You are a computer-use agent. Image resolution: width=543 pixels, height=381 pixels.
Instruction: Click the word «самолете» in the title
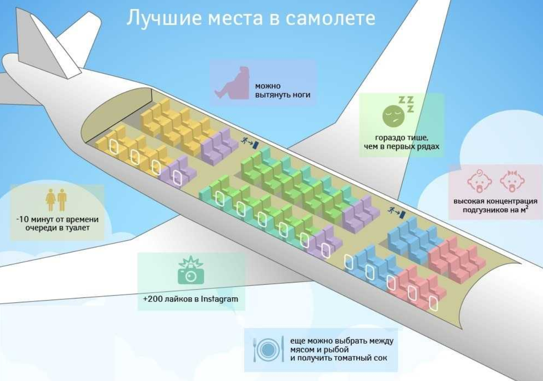[x=330, y=18]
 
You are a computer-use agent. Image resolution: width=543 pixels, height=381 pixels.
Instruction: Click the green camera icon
[x=191, y=270]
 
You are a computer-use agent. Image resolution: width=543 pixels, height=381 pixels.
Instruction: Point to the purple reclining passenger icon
[x=232, y=83]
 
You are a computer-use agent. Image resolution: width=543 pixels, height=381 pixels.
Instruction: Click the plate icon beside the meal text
[x=268, y=350]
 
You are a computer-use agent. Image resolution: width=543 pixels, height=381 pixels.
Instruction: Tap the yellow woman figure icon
[x=51, y=200]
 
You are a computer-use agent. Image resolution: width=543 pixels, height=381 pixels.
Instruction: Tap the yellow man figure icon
[x=62, y=200]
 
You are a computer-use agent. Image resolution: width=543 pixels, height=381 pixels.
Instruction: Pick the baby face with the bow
[x=512, y=181]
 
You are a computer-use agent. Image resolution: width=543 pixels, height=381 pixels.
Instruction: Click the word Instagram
[x=219, y=299]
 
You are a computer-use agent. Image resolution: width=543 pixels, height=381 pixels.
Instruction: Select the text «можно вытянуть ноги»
[x=283, y=90]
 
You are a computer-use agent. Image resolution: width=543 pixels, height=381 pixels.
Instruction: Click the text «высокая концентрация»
[x=495, y=201]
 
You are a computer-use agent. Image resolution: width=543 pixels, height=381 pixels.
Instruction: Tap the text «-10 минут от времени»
[x=57, y=219]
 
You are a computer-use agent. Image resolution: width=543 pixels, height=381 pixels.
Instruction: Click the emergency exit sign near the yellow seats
[x=250, y=143]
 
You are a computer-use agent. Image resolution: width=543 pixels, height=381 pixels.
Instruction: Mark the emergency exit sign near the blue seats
[x=396, y=213]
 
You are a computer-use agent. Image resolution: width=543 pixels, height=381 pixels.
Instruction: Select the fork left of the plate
[x=254, y=350]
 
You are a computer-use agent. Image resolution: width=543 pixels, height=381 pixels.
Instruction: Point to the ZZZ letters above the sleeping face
[x=406, y=104]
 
